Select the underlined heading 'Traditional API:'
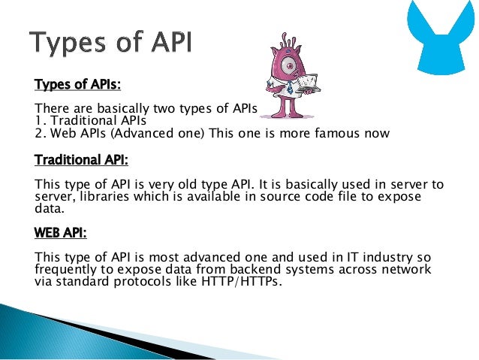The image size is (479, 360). click(x=82, y=159)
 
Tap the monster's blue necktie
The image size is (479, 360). click(x=288, y=88)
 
